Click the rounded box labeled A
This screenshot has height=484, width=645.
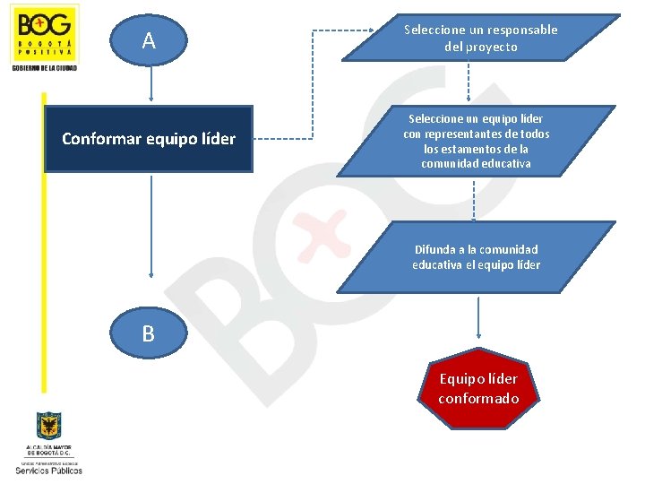(149, 40)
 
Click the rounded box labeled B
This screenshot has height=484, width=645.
(148, 334)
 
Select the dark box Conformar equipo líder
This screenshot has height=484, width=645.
(149, 139)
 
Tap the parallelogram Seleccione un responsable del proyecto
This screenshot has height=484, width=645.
(480, 38)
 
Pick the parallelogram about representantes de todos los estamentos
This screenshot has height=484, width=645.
(477, 142)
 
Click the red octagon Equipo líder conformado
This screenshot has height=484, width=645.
(478, 388)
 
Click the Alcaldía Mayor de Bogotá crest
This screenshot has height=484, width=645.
(48, 426)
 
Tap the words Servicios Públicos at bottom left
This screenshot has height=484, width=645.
(48, 470)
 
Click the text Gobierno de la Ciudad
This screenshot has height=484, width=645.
(44, 68)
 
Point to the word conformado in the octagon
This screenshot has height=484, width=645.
(478, 398)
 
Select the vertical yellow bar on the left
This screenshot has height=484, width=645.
(41, 242)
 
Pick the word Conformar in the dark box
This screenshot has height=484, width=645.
(95, 139)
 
